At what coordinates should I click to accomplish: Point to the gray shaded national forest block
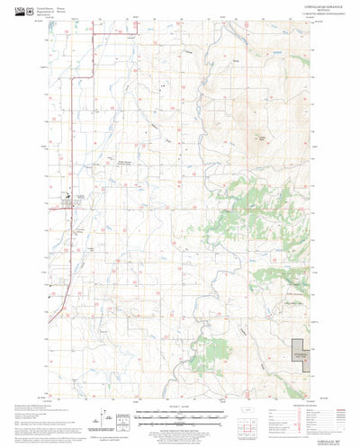click(303, 357)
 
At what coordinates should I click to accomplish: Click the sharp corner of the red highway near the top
click(96, 35)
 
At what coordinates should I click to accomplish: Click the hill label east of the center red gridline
click(260, 138)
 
